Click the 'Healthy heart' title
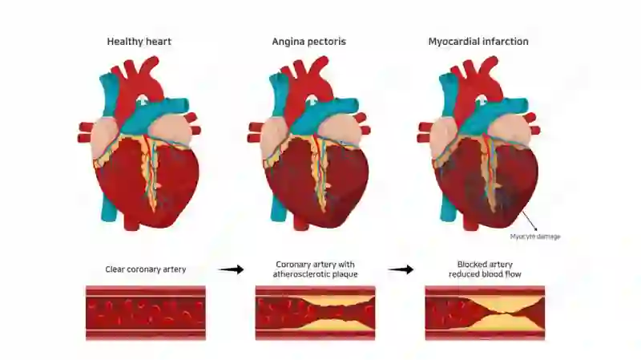[139, 42]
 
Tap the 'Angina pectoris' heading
[308, 42]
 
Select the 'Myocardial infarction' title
[478, 42]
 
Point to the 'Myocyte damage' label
[535, 237]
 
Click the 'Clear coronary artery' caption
[146, 269]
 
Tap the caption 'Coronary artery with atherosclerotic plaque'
[315, 269]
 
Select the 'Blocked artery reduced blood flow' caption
[485, 269]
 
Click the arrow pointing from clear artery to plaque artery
[231, 269]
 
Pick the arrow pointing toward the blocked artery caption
[401, 269]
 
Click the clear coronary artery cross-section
[146, 313]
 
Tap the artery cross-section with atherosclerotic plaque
[315, 313]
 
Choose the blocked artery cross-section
[485, 313]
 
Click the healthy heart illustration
[139, 144]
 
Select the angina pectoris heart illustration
[308, 144]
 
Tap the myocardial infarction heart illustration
[478, 144]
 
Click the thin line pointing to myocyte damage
[529, 220]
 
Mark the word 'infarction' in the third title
[505, 42]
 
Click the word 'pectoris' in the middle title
[327, 42]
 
